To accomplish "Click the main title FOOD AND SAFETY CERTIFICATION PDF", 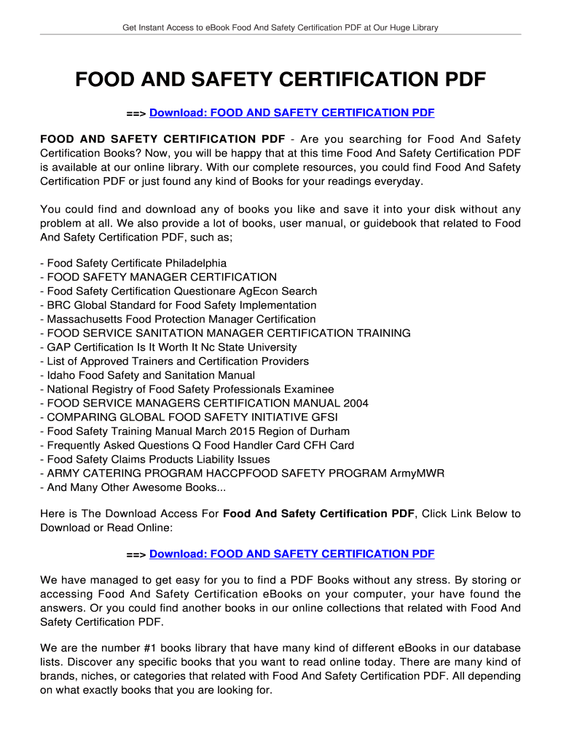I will [280, 79].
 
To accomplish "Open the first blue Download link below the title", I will [291, 112].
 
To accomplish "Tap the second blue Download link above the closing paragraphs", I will [291, 554].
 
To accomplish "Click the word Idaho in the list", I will [60, 375].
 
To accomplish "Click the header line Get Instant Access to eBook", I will [280, 28].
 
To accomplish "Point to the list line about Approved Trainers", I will [175, 361].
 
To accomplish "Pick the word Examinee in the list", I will [309, 389].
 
